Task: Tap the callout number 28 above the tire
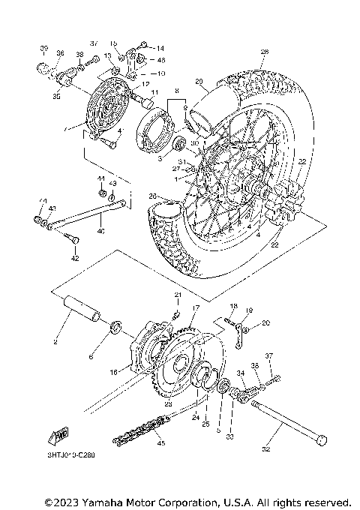click(264, 52)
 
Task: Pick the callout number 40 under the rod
click(101, 231)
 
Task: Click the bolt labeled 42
click(69, 240)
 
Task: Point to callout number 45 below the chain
click(158, 442)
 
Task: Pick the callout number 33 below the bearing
click(230, 436)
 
